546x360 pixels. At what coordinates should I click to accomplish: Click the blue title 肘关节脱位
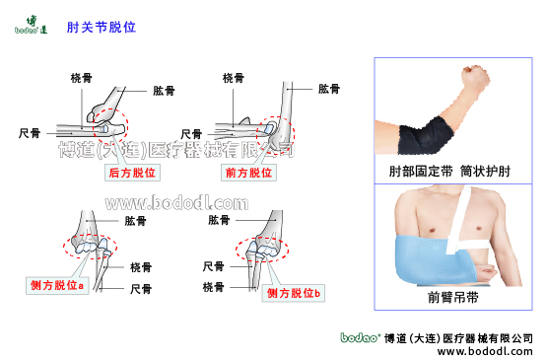tap(102, 28)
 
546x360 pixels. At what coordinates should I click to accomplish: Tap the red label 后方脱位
tap(132, 173)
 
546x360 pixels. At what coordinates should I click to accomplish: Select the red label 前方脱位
tap(248, 173)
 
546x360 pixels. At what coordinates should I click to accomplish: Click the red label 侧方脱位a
tap(57, 285)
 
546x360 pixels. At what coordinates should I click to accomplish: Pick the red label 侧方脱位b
tap(293, 293)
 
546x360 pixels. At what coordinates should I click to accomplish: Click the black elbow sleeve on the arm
tap(426, 135)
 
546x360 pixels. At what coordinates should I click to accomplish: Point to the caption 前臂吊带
tap(453, 297)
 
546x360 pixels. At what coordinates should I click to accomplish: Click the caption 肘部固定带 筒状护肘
tap(449, 171)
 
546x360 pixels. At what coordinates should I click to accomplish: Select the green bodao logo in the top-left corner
tap(31, 25)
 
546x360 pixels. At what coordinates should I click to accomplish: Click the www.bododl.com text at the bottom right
tap(485, 351)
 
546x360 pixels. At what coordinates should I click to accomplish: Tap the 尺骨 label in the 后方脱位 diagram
tap(30, 133)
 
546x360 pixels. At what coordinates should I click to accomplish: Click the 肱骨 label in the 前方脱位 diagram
tap(329, 89)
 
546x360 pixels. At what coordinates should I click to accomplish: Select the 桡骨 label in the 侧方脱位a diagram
tap(141, 267)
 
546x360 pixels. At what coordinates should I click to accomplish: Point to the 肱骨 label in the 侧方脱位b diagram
tap(219, 220)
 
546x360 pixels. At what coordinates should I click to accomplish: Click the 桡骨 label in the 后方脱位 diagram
tap(82, 78)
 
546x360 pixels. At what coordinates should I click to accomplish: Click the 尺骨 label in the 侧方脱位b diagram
tap(214, 266)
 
